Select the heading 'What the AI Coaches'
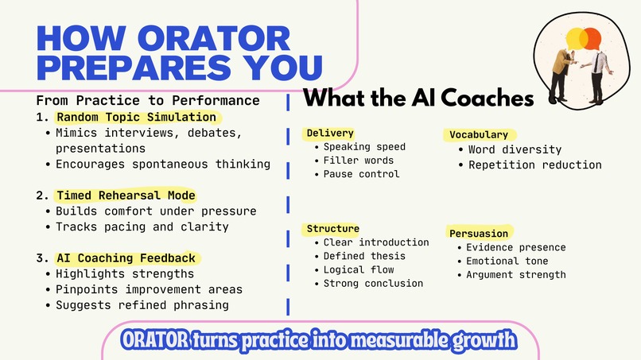(419, 99)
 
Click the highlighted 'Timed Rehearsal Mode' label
(126, 195)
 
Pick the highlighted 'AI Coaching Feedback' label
(126, 258)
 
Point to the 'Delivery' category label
(330, 133)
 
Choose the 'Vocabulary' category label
(479, 135)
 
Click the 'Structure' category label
(333, 229)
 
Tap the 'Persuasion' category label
(479, 234)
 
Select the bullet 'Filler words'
(359, 161)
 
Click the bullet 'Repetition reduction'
(534, 165)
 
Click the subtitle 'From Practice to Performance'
(148, 101)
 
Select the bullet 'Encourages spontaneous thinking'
(163, 165)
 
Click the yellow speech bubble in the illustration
(576, 39)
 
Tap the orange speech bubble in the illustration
(592, 37)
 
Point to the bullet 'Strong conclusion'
(373, 283)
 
